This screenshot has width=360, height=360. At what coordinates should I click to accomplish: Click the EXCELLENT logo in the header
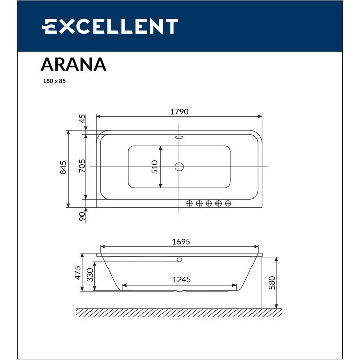(x=110, y=26)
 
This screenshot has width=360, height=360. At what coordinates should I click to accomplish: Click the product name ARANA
(x=73, y=64)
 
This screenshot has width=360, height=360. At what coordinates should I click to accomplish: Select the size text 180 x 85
(x=54, y=81)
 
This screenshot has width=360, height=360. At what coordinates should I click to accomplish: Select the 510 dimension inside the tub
(x=154, y=167)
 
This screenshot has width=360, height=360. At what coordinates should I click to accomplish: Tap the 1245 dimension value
(x=181, y=279)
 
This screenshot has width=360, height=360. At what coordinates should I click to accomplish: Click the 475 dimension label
(x=78, y=272)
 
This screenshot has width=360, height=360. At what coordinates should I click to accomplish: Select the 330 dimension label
(x=90, y=276)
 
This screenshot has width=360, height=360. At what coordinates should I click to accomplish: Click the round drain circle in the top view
(x=179, y=167)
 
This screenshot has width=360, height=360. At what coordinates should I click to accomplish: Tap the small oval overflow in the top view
(x=179, y=138)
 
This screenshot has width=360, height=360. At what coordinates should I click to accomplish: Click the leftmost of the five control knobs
(x=189, y=203)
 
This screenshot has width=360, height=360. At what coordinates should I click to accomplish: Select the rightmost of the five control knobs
(x=228, y=203)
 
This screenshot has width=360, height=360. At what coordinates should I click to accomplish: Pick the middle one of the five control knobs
(x=209, y=203)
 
